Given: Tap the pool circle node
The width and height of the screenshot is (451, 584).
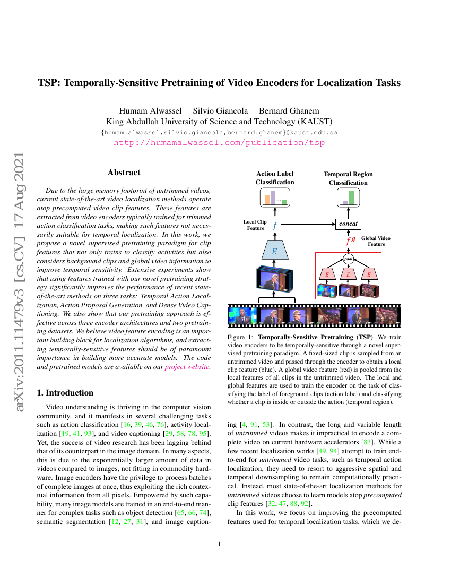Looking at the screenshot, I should [348, 259].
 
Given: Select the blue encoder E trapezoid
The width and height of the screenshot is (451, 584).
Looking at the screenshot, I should [274, 251].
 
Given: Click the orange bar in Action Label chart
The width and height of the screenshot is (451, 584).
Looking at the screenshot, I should [267, 199].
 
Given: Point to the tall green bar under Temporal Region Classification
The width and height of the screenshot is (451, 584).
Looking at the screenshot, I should [351, 197].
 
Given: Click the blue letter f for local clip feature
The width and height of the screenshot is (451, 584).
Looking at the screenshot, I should [274, 226].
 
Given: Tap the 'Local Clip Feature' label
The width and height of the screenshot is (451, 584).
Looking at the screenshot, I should [255, 225].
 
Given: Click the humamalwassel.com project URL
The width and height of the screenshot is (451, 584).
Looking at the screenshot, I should [219, 142].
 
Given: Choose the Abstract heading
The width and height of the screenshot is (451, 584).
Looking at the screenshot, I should [124, 173].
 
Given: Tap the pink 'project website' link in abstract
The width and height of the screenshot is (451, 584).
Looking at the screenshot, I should [187, 366].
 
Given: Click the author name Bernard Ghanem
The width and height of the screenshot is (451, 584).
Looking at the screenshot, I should [289, 110].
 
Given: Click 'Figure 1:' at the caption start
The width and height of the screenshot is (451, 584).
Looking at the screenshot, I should [240, 338].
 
